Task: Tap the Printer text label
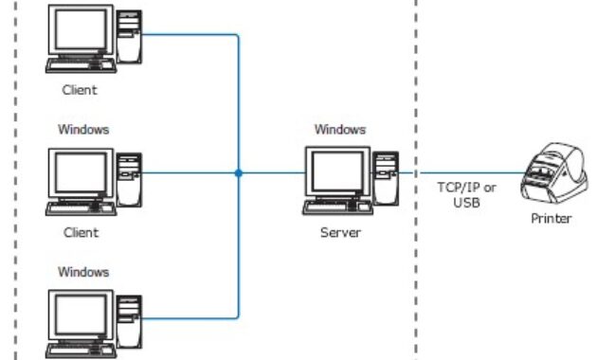(552, 219)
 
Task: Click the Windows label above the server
(339, 129)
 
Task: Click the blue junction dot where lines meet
(238, 173)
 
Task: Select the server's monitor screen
(336, 173)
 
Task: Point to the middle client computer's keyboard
(81, 209)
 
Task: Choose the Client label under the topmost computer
(80, 92)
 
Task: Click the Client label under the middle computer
(80, 232)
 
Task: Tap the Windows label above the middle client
(83, 129)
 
